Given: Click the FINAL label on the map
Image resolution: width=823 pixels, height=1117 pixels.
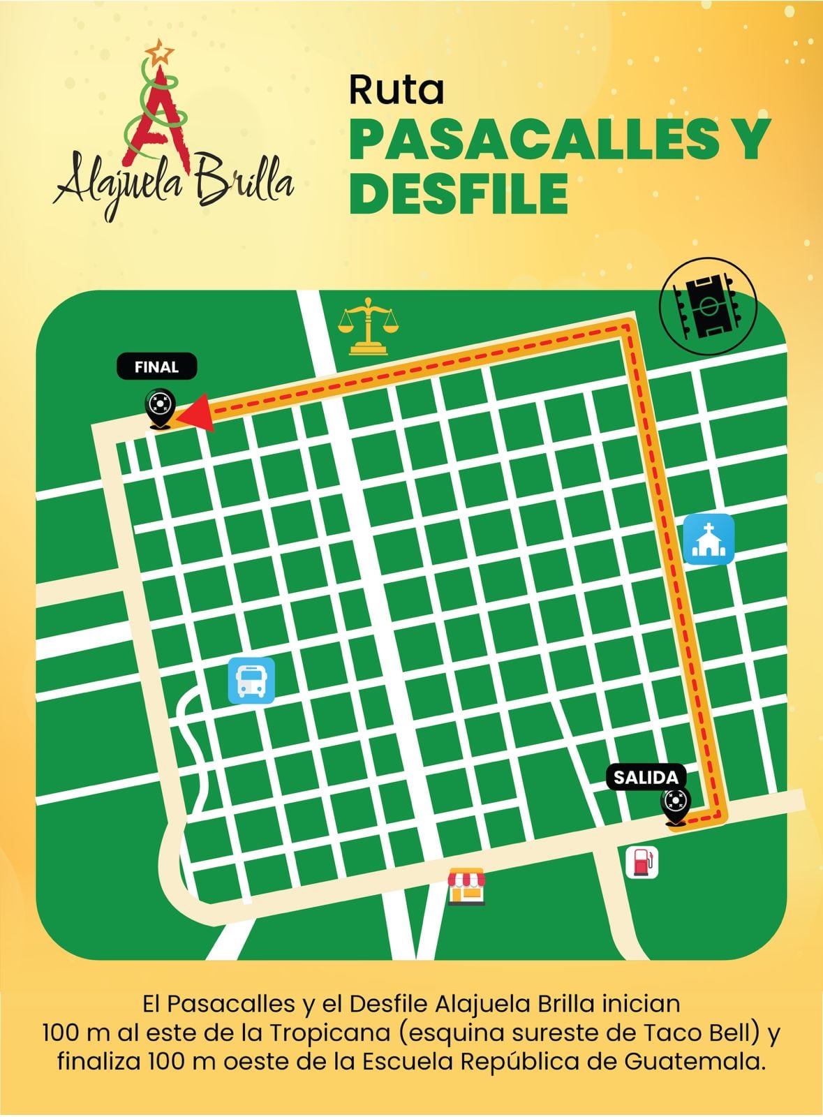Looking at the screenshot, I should click(156, 367).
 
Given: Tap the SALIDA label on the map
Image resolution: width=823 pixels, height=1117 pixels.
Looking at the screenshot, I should click(646, 777).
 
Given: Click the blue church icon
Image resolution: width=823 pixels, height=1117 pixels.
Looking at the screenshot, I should click(709, 539).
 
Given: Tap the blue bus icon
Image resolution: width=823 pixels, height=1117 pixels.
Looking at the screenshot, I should click(251, 681).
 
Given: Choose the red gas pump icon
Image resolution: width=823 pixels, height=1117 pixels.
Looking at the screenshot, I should click(642, 862).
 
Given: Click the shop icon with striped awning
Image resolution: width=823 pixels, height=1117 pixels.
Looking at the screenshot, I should click(466, 887).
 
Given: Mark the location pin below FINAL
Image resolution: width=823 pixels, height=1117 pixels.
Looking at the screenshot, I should click(158, 408).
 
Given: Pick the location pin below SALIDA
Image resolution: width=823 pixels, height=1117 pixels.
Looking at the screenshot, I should click(675, 805).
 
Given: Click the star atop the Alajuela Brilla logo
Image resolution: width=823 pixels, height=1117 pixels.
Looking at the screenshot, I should click(163, 50).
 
